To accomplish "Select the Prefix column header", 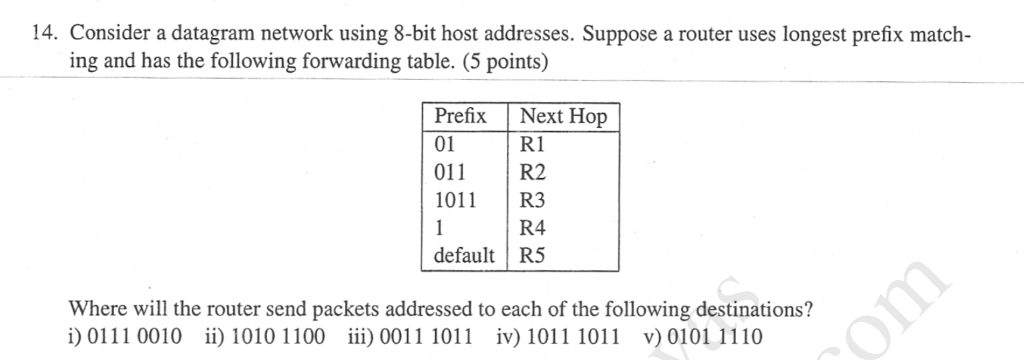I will [460, 116].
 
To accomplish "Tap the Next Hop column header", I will [563, 116].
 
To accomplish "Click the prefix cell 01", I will [445, 144].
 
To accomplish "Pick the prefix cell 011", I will [450, 172].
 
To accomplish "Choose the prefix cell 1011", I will [455, 200].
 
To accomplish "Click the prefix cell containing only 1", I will [438, 227].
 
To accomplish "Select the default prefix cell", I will [464, 255].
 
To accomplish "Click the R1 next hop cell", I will [532, 144].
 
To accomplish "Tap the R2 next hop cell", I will [533, 172].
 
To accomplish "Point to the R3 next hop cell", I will [533, 200].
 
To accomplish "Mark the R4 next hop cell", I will [533, 227].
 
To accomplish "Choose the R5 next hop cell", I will [533, 255].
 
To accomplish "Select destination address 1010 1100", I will [278, 336].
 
